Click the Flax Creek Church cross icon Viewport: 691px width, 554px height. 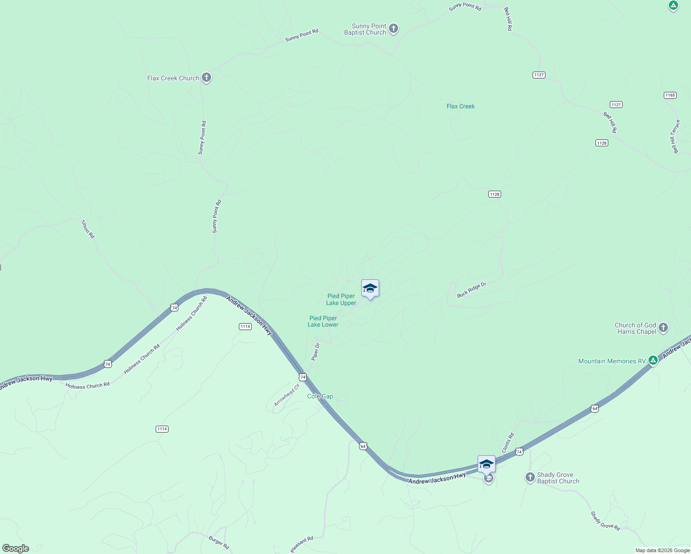click(206, 78)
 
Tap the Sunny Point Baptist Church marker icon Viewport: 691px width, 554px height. click(393, 29)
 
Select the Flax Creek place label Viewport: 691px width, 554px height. click(461, 106)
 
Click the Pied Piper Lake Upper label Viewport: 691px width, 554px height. click(341, 300)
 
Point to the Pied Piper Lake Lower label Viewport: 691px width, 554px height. click(323, 321)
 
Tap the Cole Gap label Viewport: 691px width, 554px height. click(320, 397)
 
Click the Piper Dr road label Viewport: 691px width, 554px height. click(315, 352)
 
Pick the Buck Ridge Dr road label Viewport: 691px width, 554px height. click(472, 290)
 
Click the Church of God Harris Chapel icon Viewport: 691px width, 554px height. click(663, 328)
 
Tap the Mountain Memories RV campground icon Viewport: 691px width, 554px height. click(653, 360)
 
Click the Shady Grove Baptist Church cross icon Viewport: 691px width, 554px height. click(530, 477)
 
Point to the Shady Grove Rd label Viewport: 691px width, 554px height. click(605, 521)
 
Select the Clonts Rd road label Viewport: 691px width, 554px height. click(508, 443)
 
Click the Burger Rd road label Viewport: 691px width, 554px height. click(219, 542)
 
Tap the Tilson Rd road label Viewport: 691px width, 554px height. click(88, 229)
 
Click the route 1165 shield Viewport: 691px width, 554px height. click(670, 95)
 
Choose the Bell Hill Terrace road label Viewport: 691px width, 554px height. click(675, 137)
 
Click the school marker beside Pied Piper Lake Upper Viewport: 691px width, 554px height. click(370, 289)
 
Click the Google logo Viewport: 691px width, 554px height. click(16, 548)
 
